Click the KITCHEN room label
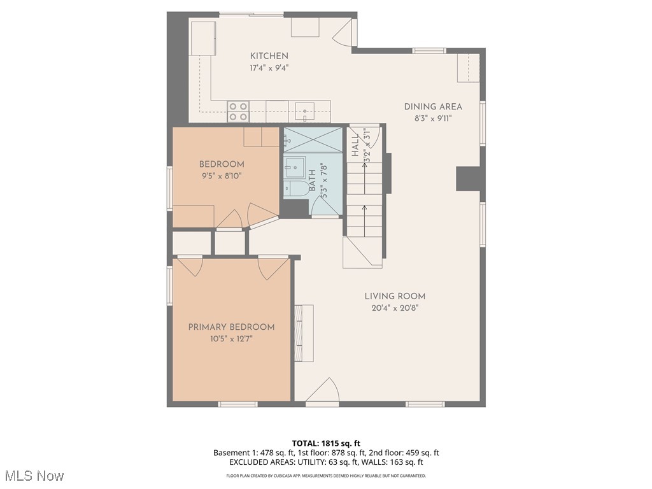coord(269,56)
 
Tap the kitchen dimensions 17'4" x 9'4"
coord(269,68)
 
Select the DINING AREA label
coord(433,106)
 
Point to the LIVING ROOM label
coord(395,296)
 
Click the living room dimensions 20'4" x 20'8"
coord(395,308)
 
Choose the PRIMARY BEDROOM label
coord(231,327)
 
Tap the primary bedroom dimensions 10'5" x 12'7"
coord(231,339)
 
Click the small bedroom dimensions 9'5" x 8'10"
coord(221,176)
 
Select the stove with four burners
coord(238,111)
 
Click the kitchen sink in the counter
coord(305,111)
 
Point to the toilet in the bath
coord(295,188)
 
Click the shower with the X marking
coord(313,140)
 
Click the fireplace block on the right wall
coord(468,178)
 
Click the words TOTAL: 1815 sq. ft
coord(326,443)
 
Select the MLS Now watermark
coord(34,476)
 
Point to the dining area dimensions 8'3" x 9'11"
coord(433,118)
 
